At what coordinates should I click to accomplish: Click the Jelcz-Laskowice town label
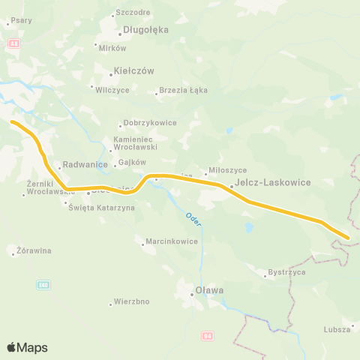(262, 181)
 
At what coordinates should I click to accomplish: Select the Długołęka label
(145, 30)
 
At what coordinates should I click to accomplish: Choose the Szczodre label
(133, 13)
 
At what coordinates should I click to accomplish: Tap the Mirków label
(112, 46)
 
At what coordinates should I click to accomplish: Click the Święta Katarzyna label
(101, 207)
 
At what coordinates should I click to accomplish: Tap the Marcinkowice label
(170, 241)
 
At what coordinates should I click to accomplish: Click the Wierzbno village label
(132, 301)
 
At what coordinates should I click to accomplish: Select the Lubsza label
(338, 329)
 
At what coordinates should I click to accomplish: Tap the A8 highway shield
(13, 43)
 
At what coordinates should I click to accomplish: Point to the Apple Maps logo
(27, 347)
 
